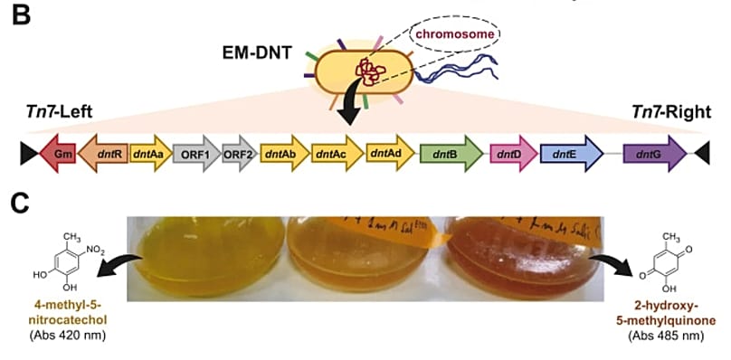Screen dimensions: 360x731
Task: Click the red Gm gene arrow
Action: pos(61,154)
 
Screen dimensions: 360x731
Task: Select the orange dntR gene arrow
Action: pos(105,154)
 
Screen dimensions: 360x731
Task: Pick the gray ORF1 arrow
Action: pos(195,154)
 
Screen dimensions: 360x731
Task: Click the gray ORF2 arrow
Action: pos(240,154)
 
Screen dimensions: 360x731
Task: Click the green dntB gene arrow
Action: pos(450,154)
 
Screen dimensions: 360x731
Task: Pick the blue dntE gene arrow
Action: pos(571,154)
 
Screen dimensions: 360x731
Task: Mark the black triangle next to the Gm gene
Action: pos(29,154)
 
